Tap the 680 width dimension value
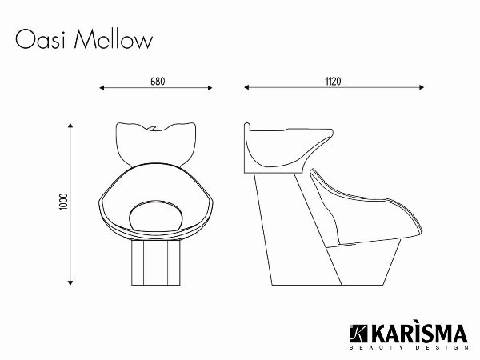pos(158,82)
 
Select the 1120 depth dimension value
pos(334,82)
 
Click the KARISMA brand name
pos(412,332)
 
